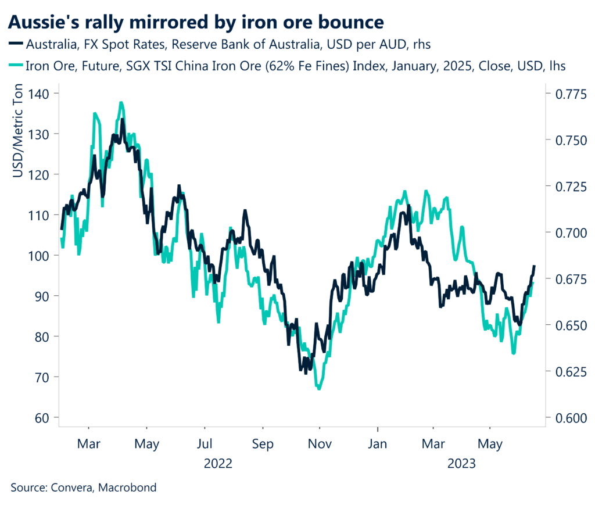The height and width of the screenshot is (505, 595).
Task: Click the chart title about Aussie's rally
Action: pos(196,22)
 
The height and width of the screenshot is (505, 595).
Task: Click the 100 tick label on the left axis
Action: pos(39,255)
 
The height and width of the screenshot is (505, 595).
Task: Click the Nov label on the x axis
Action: pos(320,445)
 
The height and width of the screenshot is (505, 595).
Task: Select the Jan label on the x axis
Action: pos(378,445)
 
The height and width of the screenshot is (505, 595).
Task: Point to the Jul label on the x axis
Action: pos(205,445)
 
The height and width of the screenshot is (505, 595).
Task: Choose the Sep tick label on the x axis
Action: pos(262,445)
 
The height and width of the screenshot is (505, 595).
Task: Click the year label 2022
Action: pos(218,464)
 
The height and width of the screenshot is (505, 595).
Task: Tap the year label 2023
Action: pos(462,464)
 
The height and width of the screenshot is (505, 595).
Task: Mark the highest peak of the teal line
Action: pos(121,103)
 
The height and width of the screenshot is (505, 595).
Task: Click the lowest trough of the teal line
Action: pos(319,389)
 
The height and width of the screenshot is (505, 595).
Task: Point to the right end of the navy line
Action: pos(534,266)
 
